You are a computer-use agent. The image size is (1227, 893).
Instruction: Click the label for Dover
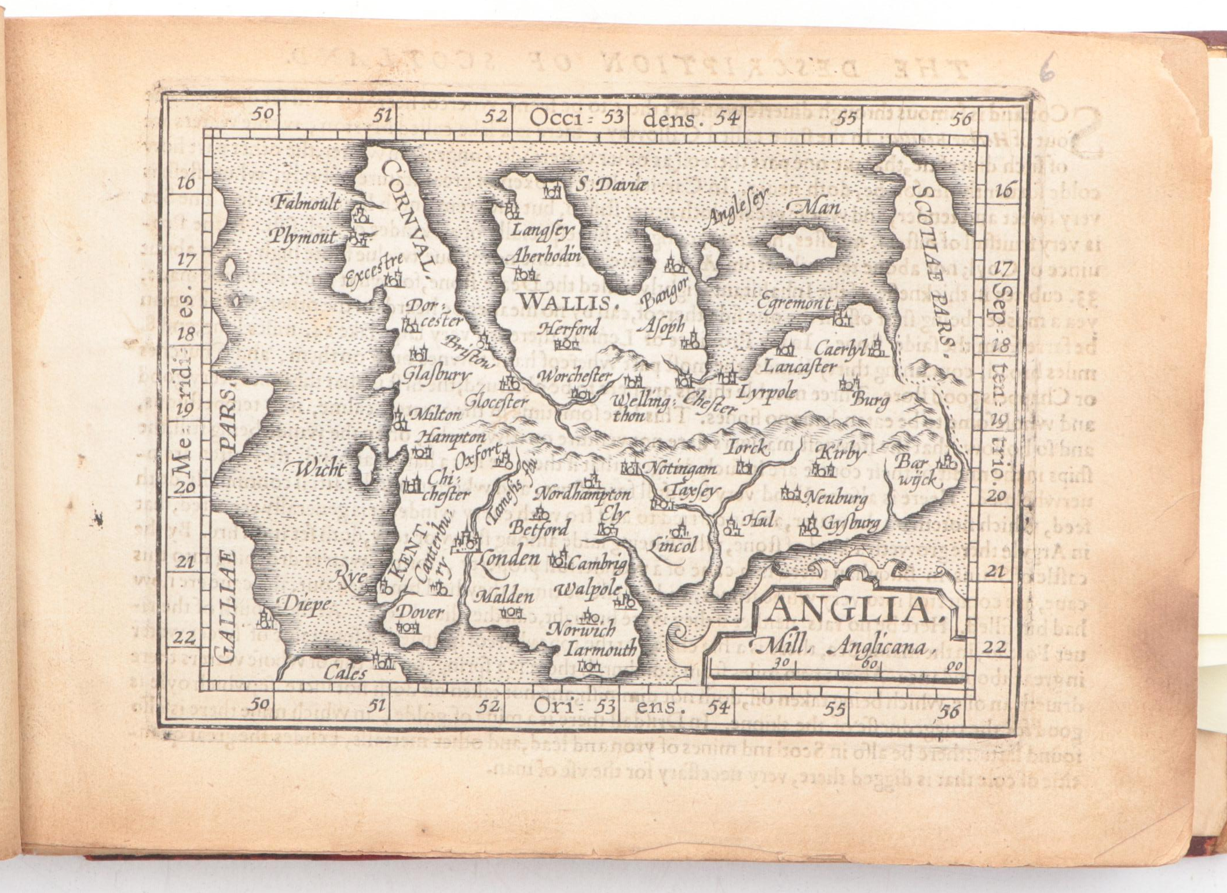(422, 612)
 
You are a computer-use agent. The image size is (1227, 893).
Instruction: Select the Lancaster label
(799, 367)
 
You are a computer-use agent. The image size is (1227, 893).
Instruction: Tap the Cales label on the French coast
(345, 674)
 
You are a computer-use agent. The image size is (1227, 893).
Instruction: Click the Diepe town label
(306, 604)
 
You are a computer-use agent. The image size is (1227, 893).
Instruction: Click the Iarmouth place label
(600, 649)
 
